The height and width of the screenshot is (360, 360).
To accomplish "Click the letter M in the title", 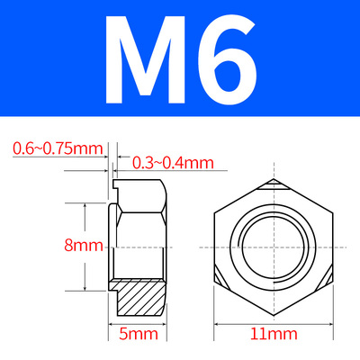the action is point(145,59).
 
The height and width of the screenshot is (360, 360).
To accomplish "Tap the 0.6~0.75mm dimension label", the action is point(58,148).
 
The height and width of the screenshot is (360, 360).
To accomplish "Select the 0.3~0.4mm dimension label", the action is point(173,163).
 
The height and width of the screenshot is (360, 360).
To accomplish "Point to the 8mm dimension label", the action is point(84,246).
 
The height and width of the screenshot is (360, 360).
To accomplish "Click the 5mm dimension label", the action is point(139,334).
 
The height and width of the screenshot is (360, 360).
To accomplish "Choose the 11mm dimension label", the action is point(274,334).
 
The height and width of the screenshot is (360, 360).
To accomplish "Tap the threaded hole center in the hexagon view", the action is point(274,247).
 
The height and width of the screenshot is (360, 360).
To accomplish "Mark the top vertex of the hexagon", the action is point(274,179).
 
